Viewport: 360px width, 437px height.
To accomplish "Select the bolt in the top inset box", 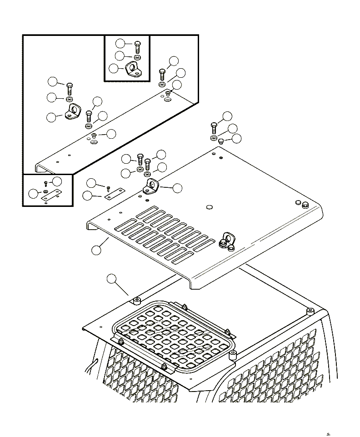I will [138, 46].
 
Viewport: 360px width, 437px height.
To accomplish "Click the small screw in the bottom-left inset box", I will [46, 184].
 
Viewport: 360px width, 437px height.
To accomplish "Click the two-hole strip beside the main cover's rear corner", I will [112, 194].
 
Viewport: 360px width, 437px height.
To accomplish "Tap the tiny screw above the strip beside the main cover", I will [109, 187].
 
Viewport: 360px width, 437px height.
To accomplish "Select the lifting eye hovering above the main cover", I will [150, 186].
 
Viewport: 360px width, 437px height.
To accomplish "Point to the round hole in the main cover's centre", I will [209, 207].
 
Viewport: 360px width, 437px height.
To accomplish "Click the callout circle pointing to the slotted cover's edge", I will [96, 250].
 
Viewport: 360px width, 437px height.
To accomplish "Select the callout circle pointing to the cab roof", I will [111, 279].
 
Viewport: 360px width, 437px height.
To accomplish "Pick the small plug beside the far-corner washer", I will [220, 141].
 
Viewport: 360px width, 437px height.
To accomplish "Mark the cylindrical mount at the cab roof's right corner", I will [310, 311].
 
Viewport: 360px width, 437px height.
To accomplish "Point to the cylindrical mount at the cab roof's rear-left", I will [136, 301].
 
